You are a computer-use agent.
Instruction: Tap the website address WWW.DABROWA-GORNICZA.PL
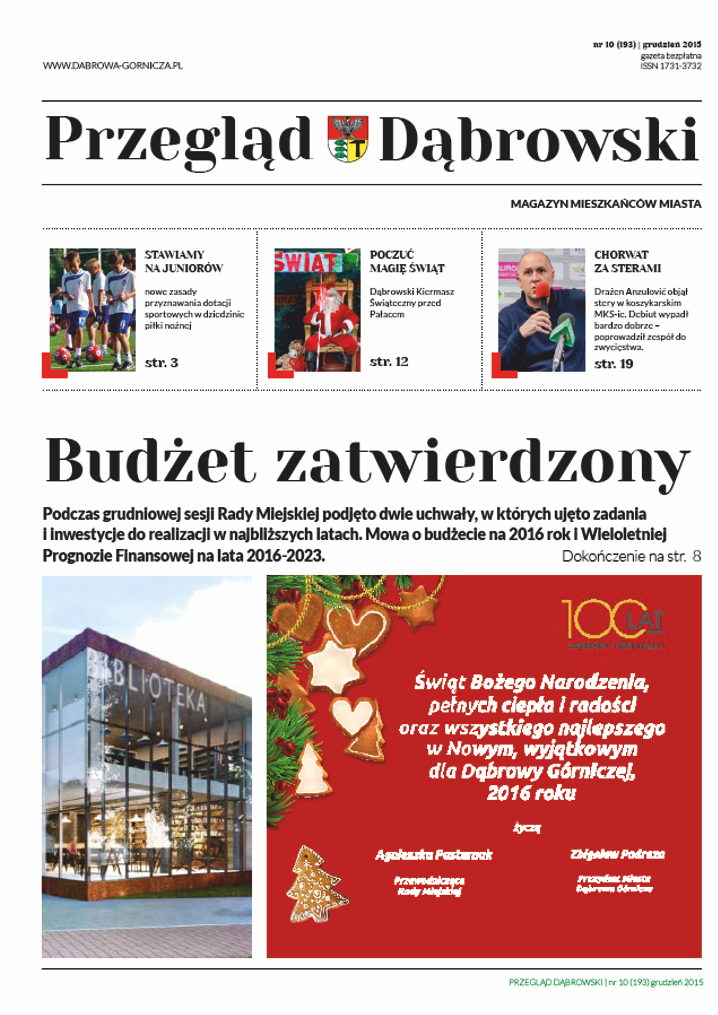[113, 65]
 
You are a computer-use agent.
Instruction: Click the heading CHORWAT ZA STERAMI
[627, 261]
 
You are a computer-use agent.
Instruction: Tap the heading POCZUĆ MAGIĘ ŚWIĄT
[407, 261]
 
